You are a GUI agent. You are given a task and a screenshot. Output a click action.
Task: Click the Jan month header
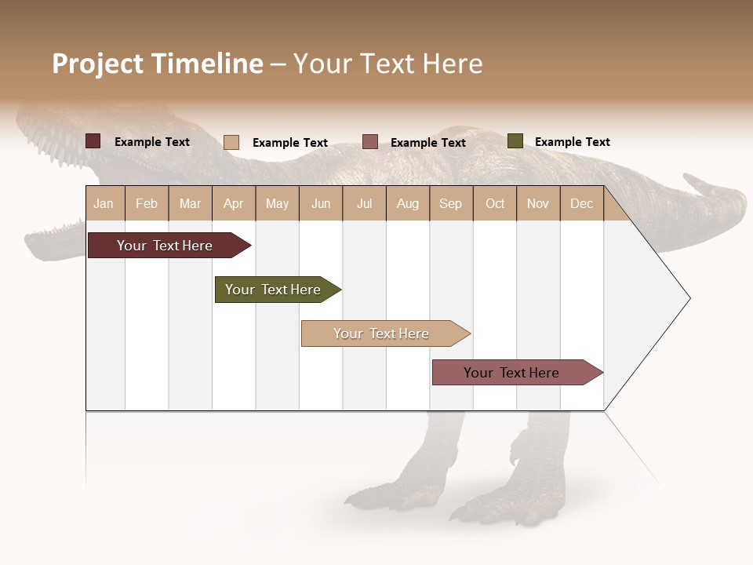(x=104, y=204)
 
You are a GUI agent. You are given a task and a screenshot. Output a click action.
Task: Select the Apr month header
(x=234, y=204)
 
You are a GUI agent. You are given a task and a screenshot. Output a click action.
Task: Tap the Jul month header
(x=365, y=204)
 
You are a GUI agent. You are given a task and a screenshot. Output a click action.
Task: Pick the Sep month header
(x=450, y=204)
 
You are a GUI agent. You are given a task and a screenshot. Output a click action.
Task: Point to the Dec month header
(x=581, y=204)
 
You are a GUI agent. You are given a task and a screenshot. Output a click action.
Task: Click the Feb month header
(x=147, y=204)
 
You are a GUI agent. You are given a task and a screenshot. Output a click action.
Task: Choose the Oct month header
(x=495, y=204)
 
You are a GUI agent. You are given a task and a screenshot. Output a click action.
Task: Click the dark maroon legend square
(x=93, y=141)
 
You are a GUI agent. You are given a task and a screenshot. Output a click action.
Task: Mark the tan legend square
(x=231, y=142)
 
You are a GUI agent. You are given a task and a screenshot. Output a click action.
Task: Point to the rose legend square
(x=370, y=142)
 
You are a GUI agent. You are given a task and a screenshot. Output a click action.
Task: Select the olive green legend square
(x=515, y=141)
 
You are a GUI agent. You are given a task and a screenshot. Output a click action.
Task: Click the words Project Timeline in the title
(x=158, y=64)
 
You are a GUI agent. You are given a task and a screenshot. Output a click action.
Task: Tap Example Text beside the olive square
(x=572, y=142)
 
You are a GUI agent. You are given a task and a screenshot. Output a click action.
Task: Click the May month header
(x=277, y=204)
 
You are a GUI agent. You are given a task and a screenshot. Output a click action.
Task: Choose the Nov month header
(x=538, y=204)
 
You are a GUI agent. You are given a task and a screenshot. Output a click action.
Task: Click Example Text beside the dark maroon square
(x=152, y=142)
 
